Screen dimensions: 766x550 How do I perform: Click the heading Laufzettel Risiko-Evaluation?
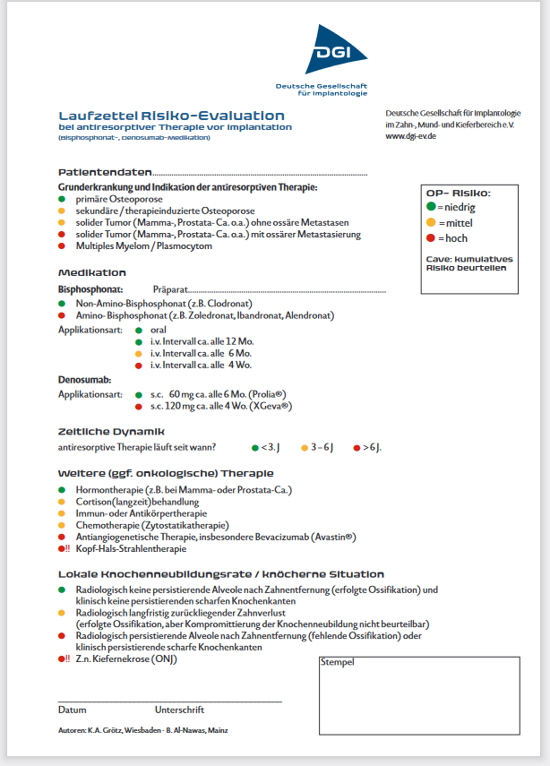pyautogui.click(x=171, y=116)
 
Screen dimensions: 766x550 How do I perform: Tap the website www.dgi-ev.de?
pyautogui.click(x=410, y=136)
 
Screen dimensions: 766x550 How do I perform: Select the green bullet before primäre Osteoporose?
pyautogui.click(x=62, y=199)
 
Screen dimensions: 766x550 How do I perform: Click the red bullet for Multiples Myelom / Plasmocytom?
pyautogui.click(x=62, y=245)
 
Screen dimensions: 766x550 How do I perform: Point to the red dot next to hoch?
pyautogui.click(x=431, y=238)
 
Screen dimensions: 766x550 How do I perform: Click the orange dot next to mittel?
pyautogui.click(x=431, y=223)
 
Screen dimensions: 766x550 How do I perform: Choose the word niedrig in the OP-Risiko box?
pyautogui.click(x=460, y=208)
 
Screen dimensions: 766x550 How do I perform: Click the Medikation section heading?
pyautogui.click(x=92, y=272)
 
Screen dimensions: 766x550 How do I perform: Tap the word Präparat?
pyautogui.click(x=170, y=290)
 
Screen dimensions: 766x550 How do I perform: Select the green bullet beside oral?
pyautogui.click(x=138, y=330)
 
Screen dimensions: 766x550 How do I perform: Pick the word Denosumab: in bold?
pyautogui.click(x=84, y=380)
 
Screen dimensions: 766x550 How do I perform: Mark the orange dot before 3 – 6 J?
pyautogui.click(x=304, y=446)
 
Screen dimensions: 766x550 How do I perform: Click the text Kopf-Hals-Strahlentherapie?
pyautogui.click(x=133, y=548)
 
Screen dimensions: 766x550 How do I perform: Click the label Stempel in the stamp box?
pyautogui.click(x=338, y=662)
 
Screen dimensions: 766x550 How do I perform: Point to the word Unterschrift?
pyautogui.click(x=179, y=710)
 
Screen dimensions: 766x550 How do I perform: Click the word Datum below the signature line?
pyautogui.click(x=73, y=710)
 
